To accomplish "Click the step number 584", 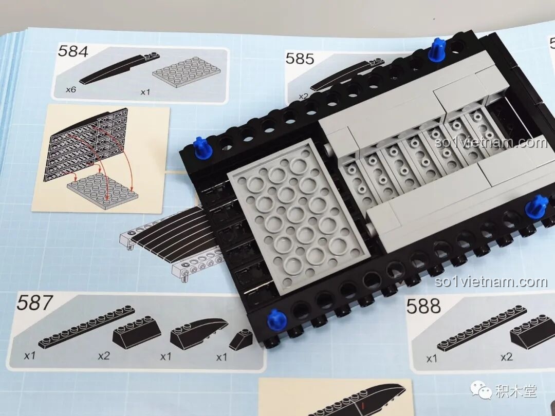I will click(x=73, y=51).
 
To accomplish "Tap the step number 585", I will click(x=300, y=59).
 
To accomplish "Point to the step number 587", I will click(x=34, y=303).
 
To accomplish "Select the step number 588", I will click(x=423, y=307).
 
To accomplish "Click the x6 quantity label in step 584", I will click(x=71, y=89).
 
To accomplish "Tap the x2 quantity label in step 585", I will click(x=304, y=96).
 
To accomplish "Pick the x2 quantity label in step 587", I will click(x=104, y=355).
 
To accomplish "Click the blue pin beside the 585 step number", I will click(x=437, y=49).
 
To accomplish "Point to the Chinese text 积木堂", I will click(x=515, y=391).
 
